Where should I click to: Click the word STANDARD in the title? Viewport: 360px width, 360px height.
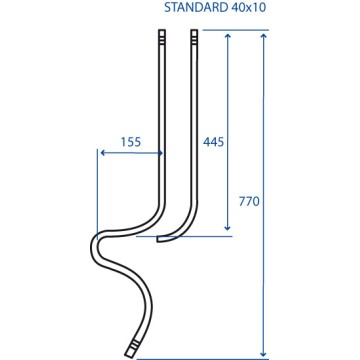(195, 7)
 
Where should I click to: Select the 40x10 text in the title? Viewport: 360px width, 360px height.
(248, 7)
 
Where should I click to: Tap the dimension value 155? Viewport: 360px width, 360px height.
(131, 142)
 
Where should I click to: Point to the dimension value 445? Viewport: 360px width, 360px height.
(213, 142)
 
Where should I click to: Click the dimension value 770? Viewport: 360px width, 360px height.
(249, 201)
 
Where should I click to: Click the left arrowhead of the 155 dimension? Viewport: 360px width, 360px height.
(103, 153)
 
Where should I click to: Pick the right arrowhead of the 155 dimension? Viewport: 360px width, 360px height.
(160, 153)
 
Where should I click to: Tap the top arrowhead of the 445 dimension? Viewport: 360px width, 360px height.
(228, 36)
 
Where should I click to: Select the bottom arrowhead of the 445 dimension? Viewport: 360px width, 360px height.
(227, 227)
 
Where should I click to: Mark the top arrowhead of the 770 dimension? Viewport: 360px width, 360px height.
(264, 36)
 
